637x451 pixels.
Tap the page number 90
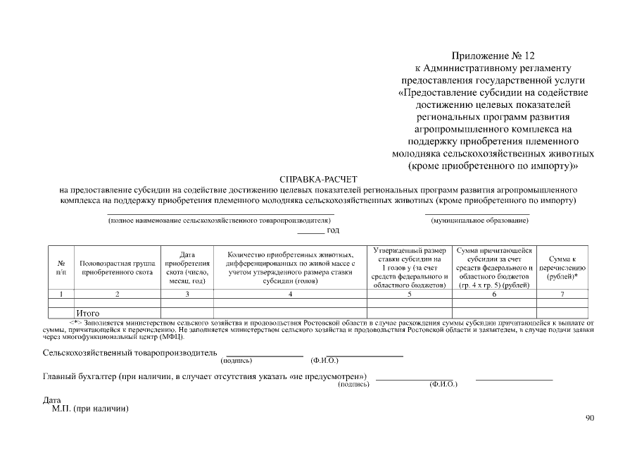click(590, 419)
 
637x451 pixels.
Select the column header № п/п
click(61, 267)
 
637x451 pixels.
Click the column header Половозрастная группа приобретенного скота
click(118, 267)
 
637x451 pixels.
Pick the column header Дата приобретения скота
click(187, 267)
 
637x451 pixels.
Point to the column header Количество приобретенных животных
click(290, 267)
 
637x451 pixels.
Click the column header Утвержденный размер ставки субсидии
click(409, 267)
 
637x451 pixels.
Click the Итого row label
click(88, 313)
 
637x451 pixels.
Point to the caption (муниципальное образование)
click(479, 221)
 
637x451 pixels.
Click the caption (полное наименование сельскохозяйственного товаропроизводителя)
click(220, 221)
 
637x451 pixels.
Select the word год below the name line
click(333, 230)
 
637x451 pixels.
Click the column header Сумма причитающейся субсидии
click(494, 267)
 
